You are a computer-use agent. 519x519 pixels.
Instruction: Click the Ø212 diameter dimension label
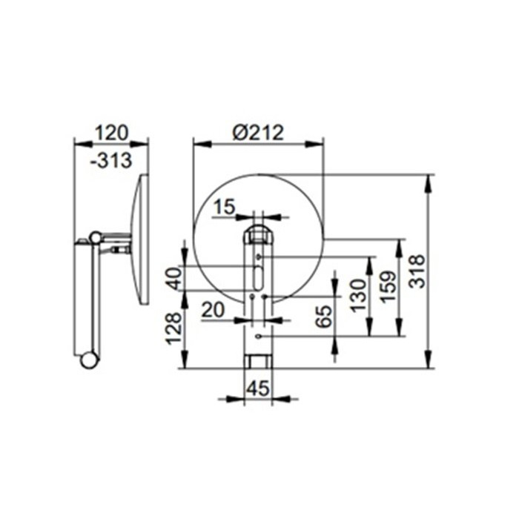pyautogui.click(x=258, y=133)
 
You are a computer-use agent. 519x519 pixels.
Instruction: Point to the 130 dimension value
pyautogui.click(x=358, y=296)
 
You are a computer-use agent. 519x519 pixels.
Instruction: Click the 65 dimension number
pyautogui.click(x=323, y=316)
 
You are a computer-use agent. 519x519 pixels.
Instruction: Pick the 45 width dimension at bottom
pyautogui.click(x=258, y=388)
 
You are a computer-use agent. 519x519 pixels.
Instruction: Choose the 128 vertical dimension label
pyautogui.click(x=174, y=328)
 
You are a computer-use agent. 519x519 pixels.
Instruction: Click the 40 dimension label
pyautogui.click(x=174, y=278)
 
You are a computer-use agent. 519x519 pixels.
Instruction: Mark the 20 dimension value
pyautogui.click(x=213, y=311)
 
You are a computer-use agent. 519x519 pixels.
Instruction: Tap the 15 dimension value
pyautogui.click(x=224, y=207)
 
